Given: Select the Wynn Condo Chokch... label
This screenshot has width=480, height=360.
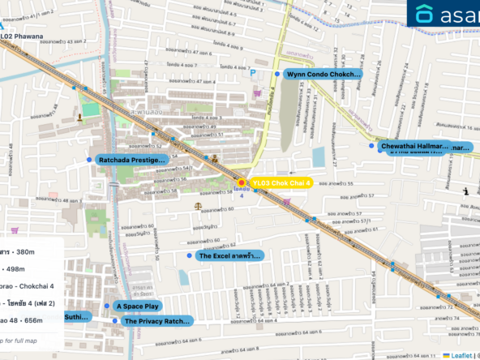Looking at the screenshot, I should point(323,74).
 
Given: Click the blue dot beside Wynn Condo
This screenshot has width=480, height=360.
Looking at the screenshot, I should point(277,74).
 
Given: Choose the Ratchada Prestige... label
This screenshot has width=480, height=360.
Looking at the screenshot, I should point(132,161).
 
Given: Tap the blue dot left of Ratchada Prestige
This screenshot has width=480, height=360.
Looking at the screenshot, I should point(89,161).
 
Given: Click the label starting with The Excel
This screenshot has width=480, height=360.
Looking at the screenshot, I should point(230,255).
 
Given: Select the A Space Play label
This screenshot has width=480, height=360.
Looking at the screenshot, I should point(138,306).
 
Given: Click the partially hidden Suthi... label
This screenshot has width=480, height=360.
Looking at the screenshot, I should point(78,316).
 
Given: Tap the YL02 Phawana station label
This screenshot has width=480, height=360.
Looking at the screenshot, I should point(23,36).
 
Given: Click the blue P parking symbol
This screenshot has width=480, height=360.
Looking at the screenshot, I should point(253,72).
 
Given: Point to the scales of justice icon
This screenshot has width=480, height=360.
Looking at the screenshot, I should point(199,207).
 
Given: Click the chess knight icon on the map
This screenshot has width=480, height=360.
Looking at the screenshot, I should point(465,191).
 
